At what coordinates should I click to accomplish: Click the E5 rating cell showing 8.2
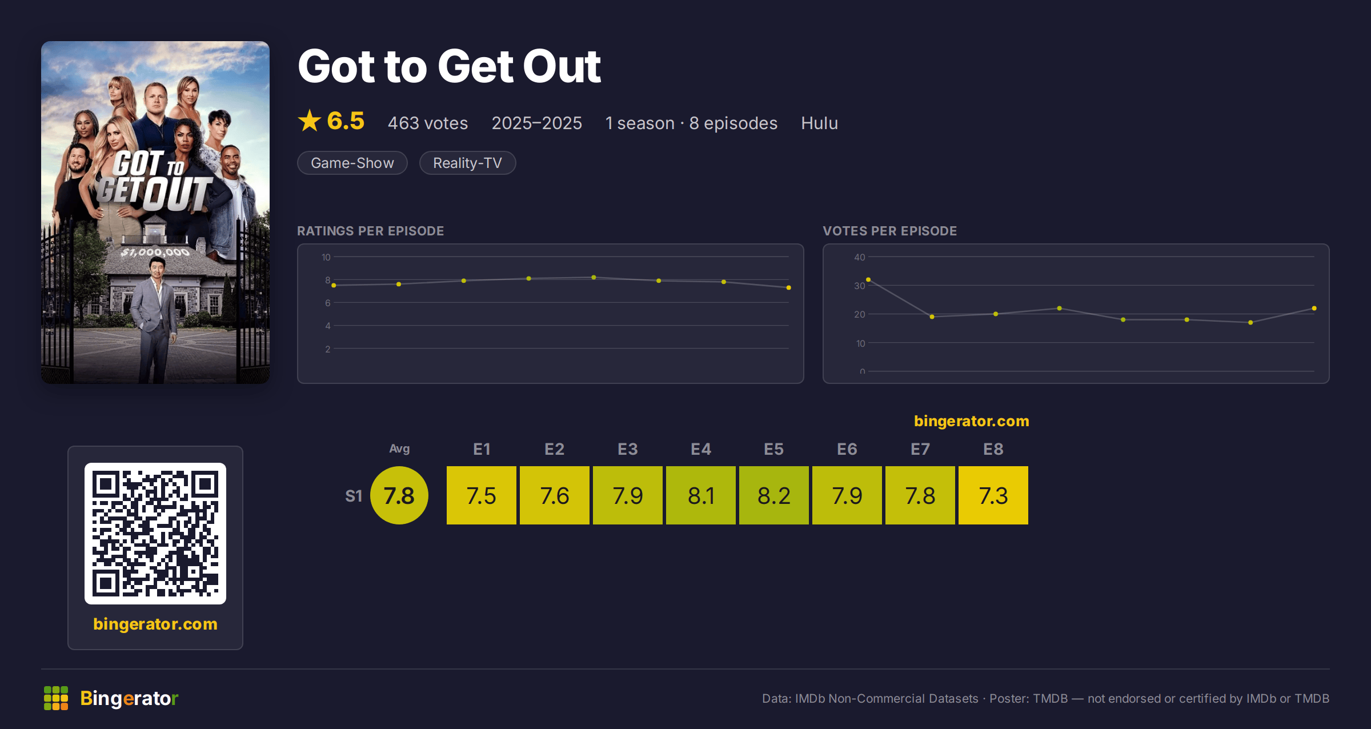click(774, 495)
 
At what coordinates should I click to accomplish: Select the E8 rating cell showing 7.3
click(993, 495)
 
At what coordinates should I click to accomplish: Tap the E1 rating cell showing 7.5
click(482, 495)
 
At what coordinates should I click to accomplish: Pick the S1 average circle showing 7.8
click(399, 495)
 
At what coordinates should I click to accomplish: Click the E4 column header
click(701, 449)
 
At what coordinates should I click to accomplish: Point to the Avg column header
click(399, 449)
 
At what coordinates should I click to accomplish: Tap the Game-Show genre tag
click(352, 163)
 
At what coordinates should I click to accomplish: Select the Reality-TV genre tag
click(467, 163)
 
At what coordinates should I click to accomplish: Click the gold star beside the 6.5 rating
click(310, 121)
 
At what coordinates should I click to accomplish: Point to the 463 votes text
click(428, 123)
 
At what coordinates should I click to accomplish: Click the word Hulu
click(819, 123)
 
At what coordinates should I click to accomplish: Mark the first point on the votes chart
click(868, 279)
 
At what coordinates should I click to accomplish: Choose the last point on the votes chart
click(1314, 308)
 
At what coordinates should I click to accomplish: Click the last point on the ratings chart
click(789, 287)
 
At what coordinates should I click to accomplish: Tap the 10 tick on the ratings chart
click(326, 257)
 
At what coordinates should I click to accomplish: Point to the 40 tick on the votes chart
click(860, 257)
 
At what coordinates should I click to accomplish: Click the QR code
click(155, 534)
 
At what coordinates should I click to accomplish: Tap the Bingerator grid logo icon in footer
click(56, 698)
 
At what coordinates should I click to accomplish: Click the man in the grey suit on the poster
click(154, 320)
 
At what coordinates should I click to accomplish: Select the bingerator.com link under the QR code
click(155, 624)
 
